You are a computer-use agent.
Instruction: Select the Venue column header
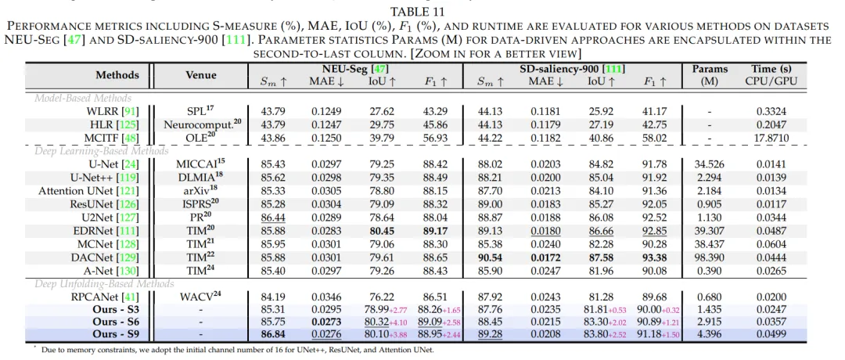(x=200, y=75)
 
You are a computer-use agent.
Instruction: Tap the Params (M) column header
(x=710, y=75)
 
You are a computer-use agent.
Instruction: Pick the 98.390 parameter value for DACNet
(x=710, y=257)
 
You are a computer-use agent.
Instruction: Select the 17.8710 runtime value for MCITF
(x=771, y=138)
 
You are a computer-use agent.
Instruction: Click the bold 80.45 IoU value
(x=382, y=230)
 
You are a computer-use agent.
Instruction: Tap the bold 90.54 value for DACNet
(x=491, y=257)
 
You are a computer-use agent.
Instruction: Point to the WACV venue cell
(x=200, y=296)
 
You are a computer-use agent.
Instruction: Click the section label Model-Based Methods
(x=83, y=98)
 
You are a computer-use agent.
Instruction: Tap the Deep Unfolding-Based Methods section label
(x=104, y=283)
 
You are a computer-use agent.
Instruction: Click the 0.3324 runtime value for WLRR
(x=771, y=112)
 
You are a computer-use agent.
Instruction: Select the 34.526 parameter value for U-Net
(x=710, y=164)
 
